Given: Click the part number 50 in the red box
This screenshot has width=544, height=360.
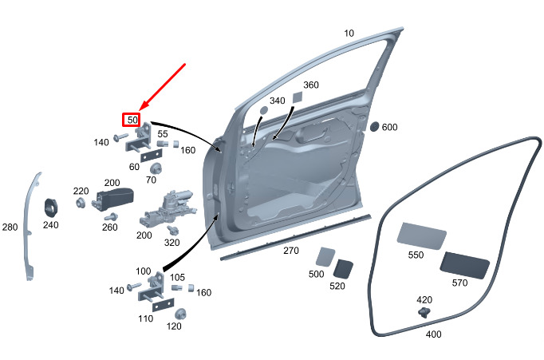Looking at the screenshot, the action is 132,120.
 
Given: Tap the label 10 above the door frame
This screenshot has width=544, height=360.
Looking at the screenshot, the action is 349,34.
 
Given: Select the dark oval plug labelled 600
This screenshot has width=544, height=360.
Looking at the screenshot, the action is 375,126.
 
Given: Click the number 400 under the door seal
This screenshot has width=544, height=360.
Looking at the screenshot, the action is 433,334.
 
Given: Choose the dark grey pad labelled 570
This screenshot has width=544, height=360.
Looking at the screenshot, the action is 466,264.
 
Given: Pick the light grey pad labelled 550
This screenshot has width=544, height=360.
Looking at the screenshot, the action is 420,235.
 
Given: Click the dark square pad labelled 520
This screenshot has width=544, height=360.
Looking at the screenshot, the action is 344,269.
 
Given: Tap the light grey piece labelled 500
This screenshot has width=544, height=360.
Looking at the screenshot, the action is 325,257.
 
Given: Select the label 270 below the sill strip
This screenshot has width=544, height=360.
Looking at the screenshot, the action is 290,251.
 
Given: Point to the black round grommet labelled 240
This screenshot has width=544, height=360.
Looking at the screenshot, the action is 50,206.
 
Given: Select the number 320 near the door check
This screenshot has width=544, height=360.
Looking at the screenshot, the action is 171,243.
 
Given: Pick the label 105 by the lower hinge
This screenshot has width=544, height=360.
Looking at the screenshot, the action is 178,277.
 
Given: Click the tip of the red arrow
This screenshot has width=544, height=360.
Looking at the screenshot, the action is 140,109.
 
